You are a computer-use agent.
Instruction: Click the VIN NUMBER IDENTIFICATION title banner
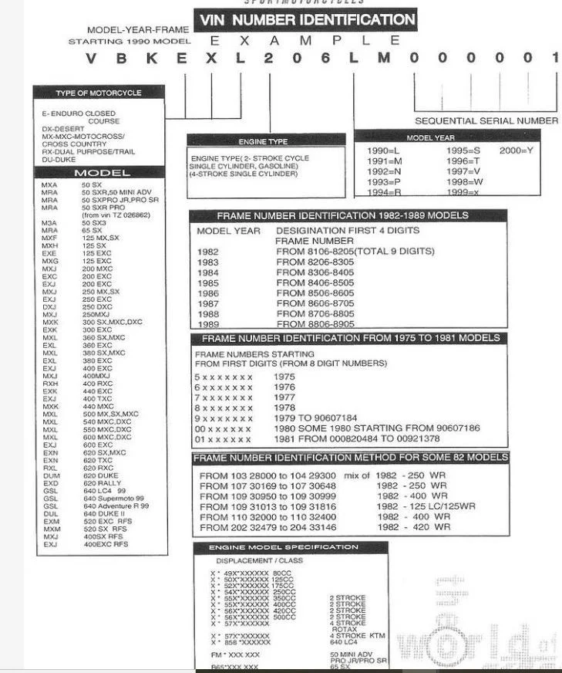(x=306, y=19)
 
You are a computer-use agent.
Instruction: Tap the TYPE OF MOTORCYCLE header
(x=99, y=93)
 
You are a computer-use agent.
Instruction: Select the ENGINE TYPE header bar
(x=263, y=141)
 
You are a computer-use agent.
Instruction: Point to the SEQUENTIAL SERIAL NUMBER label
(x=486, y=120)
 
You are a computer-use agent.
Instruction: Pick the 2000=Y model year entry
(x=516, y=150)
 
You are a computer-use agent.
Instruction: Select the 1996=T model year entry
(x=463, y=161)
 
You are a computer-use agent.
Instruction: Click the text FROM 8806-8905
(x=315, y=324)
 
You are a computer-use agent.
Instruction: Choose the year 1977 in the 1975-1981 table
(x=284, y=397)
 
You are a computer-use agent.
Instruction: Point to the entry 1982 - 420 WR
(x=413, y=527)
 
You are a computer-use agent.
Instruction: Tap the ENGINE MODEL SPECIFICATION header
(x=290, y=547)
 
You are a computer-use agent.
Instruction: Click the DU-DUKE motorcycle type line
(x=59, y=159)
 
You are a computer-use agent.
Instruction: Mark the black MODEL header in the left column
(x=102, y=173)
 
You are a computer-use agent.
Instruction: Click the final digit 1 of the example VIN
(x=554, y=59)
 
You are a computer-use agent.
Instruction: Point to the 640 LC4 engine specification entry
(x=345, y=641)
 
